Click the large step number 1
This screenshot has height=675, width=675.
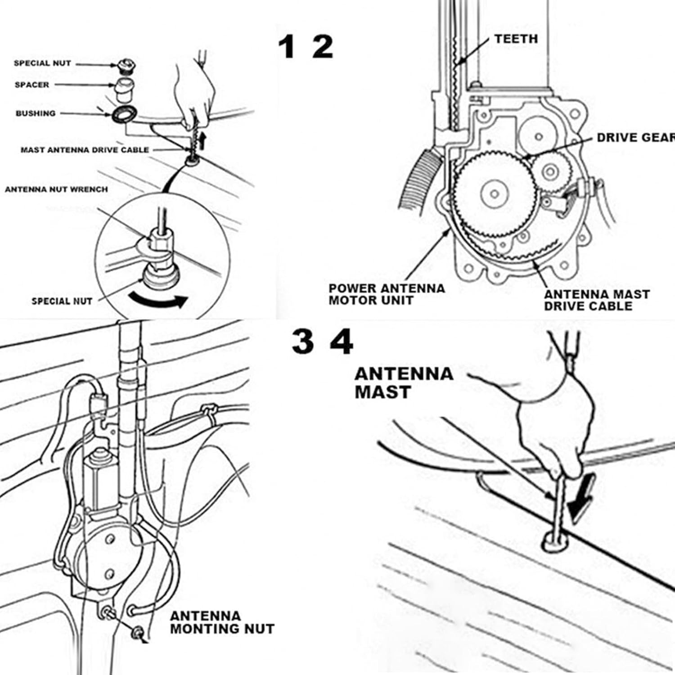(286, 47)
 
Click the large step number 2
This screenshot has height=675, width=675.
(322, 47)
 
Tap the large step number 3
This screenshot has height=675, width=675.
(302, 342)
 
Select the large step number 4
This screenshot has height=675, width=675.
(342, 342)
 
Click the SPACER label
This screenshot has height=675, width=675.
(32, 85)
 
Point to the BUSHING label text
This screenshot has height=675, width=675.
(36, 113)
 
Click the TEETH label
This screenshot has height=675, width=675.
(516, 39)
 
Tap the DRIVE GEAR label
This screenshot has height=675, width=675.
(634, 138)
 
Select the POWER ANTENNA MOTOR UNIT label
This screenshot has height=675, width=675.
(386, 294)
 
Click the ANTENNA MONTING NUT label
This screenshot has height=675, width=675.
(222, 622)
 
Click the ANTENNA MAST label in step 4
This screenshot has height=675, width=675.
(403, 382)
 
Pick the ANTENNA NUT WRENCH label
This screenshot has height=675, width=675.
(56, 189)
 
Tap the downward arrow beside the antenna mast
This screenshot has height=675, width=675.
(581, 499)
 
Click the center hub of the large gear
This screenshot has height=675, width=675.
(494, 194)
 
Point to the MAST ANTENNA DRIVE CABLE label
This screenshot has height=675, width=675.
(85, 150)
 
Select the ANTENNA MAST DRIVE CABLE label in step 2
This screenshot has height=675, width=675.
(596, 300)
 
